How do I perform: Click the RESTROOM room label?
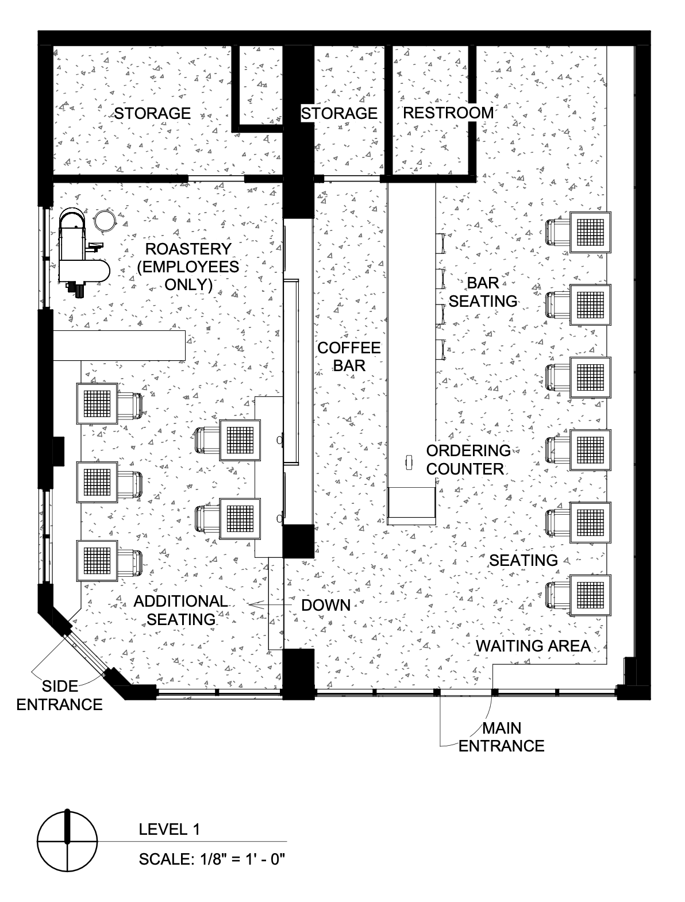coord(448,113)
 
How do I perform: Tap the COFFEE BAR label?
coord(349,356)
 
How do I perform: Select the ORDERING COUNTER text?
coord(468,460)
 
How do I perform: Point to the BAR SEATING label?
coord(483,292)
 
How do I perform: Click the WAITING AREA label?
coord(533,646)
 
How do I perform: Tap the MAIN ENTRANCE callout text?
coord(501,737)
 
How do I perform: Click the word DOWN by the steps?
coord(326,605)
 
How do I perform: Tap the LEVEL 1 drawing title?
coord(169,829)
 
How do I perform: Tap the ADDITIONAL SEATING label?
coord(181,610)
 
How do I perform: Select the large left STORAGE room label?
coord(152,113)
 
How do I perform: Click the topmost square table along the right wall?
coord(590,232)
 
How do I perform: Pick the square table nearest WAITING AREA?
coord(590,595)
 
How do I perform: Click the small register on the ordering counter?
coord(409,462)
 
